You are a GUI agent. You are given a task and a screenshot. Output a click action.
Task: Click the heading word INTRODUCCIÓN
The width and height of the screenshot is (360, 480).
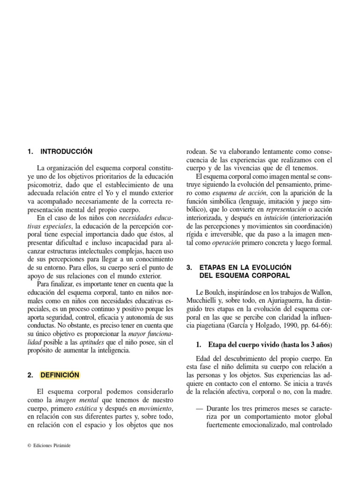click(x=67, y=151)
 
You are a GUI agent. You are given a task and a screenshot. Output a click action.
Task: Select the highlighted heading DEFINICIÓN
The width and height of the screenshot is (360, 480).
click(x=60, y=375)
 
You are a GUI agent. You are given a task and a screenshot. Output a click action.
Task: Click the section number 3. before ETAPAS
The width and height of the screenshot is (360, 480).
click(x=189, y=267)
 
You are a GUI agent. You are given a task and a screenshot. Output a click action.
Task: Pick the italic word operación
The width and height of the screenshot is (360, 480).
click(x=225, y=244)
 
